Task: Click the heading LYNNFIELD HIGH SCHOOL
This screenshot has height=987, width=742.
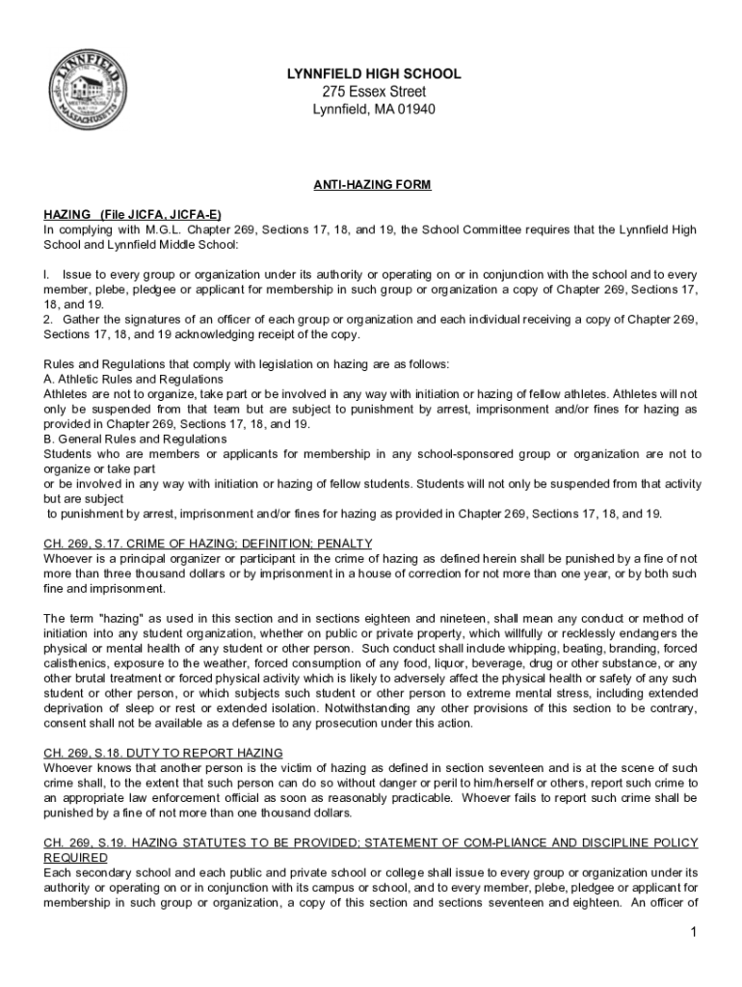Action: (374, 74)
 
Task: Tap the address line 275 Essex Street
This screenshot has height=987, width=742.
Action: (374, 92)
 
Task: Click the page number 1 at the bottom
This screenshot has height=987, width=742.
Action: (693, 932)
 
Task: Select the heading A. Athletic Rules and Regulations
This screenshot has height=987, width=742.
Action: (134, 380)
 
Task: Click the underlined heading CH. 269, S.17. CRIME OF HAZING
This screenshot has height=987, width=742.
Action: (208, 544)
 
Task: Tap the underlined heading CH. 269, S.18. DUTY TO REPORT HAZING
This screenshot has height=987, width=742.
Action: (164, 752)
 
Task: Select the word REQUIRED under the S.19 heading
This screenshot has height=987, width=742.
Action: (76, 857)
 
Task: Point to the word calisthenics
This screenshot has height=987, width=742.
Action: (76, 662)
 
